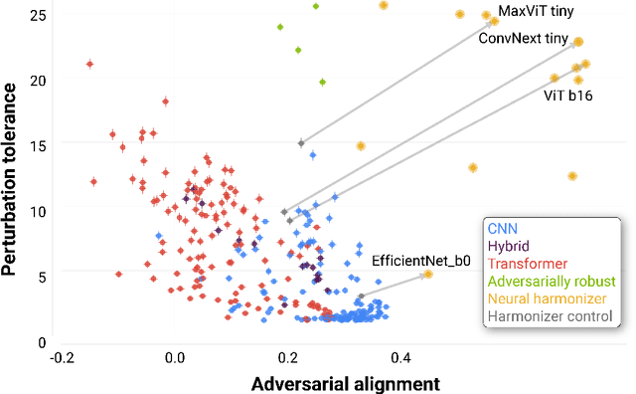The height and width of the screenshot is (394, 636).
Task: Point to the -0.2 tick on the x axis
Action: pyautogui.click(x=62, y=356)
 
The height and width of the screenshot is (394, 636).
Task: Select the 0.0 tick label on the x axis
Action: pyautogui.click(x=175, y=356)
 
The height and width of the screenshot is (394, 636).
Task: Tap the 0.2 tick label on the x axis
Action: pyautogui.click(x=288, y=356)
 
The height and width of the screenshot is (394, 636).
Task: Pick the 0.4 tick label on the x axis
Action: pyautogui.click(x=401, y=356)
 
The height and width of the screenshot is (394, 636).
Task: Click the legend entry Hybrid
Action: pyautogui.click(x=508, y=246)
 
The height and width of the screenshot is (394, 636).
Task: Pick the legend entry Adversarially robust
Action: pyautogui.click(x=549, y=282)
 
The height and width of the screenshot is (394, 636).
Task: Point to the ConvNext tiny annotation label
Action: pyautogui.click(x=523, y=39)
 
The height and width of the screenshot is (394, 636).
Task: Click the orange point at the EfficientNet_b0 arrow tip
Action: pyautogui.click(x=428, y=275)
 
